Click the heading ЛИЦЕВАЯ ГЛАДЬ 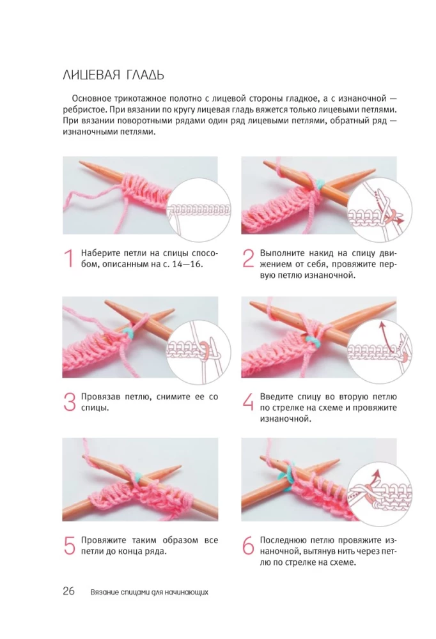tap(113, 75)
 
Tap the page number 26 tap(68, 591)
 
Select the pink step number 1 tap(69, 259)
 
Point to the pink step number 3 tap(70, 402)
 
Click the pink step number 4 tap(249, 402)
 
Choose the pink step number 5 tap(70, 545)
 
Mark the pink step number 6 tap(249, 545)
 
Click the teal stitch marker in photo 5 tap(139, 475)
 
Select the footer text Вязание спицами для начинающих tap(150, 592)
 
